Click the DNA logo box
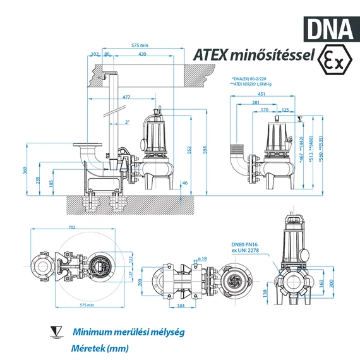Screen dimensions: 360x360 (330, 27)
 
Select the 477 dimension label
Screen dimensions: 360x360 (126, 97)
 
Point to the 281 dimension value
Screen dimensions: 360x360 (255, 102)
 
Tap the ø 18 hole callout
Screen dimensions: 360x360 (203, 259)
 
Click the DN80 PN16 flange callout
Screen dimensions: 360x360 (246, 249)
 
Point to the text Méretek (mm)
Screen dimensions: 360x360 (100, 348)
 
